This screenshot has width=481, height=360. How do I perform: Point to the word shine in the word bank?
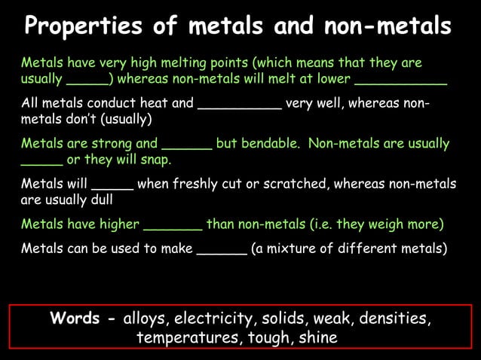317,338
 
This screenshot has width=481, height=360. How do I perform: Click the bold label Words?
75,318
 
